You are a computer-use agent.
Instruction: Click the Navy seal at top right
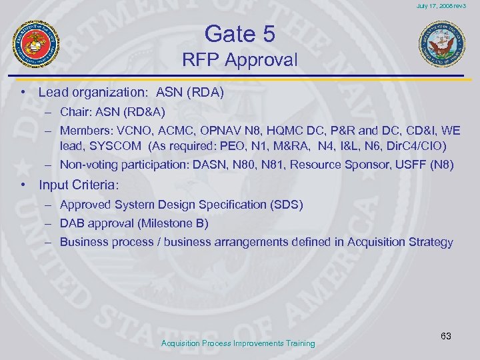click(x=441, y=45)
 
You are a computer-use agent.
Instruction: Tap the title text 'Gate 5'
click(x=239, y=33)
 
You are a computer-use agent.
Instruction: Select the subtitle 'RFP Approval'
click(x=239, y=60)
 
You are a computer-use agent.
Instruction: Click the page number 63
click(x=446, y=336)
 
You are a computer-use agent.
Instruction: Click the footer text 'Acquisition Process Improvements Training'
click(x=239, y=343)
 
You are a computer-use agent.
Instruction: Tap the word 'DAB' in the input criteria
click(x=72, y=224)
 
